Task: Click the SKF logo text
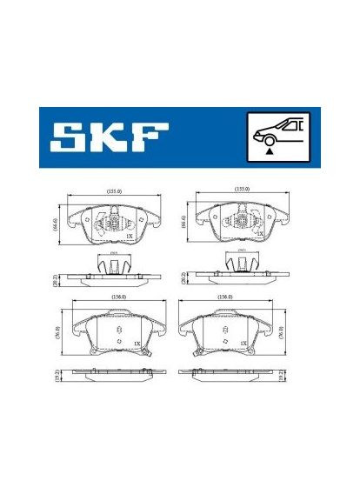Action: click(x=109, y=137)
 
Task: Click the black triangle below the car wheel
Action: click(x=271, y=151)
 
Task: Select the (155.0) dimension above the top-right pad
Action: click(x=243, y=190)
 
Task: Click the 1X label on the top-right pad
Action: click(x=259, y=235)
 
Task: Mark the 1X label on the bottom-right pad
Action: click(x=245, y=344)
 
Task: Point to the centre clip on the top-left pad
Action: click(x=111, y=223)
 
